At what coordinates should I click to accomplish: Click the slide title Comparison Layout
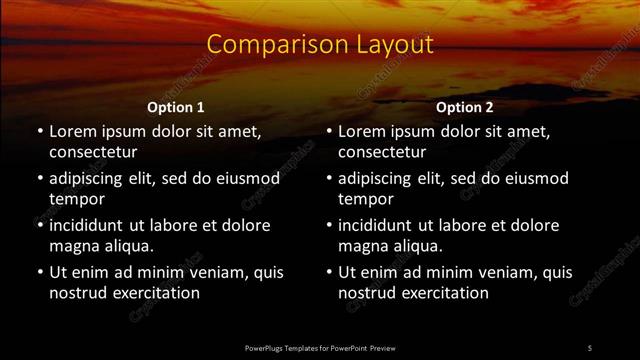pos(320,45)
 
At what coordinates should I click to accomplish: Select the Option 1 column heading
pos(176,107)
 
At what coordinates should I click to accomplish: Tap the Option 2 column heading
pos(465,107)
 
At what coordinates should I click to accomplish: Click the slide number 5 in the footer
pos(589,348)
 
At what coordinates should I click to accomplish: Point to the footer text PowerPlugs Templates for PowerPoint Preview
pos(320,348)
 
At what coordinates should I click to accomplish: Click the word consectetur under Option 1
pos(93,152)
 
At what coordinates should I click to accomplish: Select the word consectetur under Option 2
pos(382,152)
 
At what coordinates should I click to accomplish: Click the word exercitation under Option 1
pos(154,293)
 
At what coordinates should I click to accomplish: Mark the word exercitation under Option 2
pos(443,293)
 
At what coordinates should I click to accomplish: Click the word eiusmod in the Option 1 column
pos(248,178)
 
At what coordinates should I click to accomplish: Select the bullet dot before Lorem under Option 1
pos(40,131)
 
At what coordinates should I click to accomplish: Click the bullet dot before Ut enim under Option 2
pos(329,272)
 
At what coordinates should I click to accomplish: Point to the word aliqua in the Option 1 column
pos(126,246)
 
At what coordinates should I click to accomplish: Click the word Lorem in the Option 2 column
pos(363,131)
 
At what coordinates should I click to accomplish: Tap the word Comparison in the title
pos(264,45)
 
